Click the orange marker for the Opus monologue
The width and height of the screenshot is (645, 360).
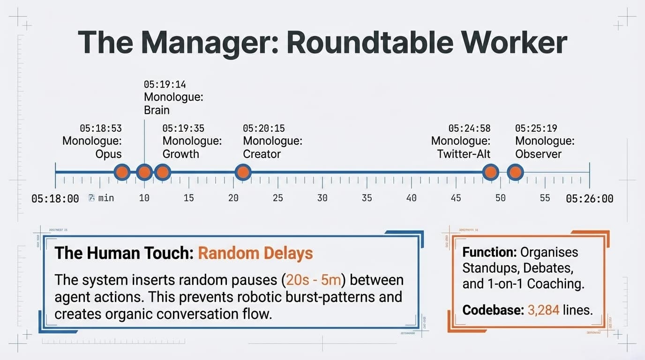[x=122, y=172]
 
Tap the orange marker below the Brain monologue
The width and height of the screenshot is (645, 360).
[x=144, y=172]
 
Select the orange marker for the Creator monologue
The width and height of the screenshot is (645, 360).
[x=243, y=172]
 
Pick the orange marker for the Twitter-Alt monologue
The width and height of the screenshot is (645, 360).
[x=491, y=172]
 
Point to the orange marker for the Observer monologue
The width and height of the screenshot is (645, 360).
[x=515, y=172]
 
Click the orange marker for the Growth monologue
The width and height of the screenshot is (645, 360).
[x=162, y=172]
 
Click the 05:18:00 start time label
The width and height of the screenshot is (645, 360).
[x=55, y=199]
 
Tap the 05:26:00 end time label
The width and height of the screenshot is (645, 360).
[x=589, y=199]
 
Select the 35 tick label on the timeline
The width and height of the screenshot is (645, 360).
[x=367, y=198]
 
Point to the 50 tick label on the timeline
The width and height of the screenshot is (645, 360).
[x=500, y=198]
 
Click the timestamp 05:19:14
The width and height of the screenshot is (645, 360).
[x=165, y=85]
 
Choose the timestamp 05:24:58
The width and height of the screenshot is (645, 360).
[x=469, y=128]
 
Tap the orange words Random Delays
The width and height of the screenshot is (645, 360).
[x=255, y=254]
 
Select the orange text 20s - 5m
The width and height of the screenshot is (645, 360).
[x=314, y=280]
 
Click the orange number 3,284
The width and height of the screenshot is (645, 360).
[x=543, y=310]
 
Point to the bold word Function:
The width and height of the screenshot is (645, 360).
[x=489, y=252]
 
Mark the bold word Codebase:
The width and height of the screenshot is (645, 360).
[x=493, y=310]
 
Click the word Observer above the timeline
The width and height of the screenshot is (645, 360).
[x=538, y=154]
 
